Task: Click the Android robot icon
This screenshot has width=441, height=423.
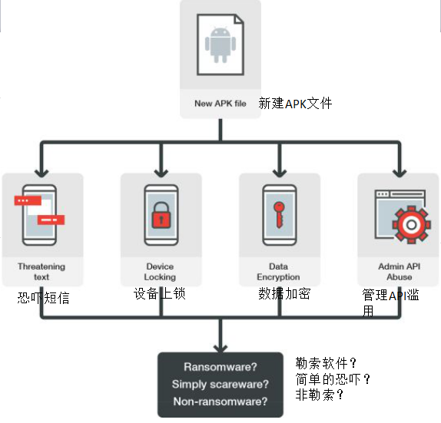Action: click(220, 45)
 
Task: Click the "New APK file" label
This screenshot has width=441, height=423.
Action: click(220, 104)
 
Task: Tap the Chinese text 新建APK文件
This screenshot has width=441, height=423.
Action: click(295, 104)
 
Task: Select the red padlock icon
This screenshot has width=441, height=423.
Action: click(161, 215)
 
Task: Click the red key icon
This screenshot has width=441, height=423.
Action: click(279, 214)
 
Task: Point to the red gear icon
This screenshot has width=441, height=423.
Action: click(412, 225)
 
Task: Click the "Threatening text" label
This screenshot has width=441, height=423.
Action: click(41, 272)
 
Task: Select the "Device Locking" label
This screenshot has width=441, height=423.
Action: click(160, 272)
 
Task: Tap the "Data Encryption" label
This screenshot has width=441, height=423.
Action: click(278, 272)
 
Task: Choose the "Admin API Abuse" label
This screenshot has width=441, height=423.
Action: click(400, 272)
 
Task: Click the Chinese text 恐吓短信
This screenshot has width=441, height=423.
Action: click(43, 298)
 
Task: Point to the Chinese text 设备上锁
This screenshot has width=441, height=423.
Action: click(160, 294)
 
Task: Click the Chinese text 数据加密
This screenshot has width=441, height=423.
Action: click(284, 294)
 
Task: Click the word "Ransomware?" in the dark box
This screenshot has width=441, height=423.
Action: click(220, 367)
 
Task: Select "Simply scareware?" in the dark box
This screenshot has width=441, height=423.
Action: click(220, 384)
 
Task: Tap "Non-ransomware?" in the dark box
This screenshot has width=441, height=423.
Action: click(220, 402)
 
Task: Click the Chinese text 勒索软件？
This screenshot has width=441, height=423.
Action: click(327, 363)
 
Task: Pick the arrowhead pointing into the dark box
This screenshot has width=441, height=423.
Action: click(220, 348)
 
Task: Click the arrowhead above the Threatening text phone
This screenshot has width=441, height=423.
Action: click(41, 173)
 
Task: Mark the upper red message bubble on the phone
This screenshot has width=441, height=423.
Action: click(28, 200)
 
